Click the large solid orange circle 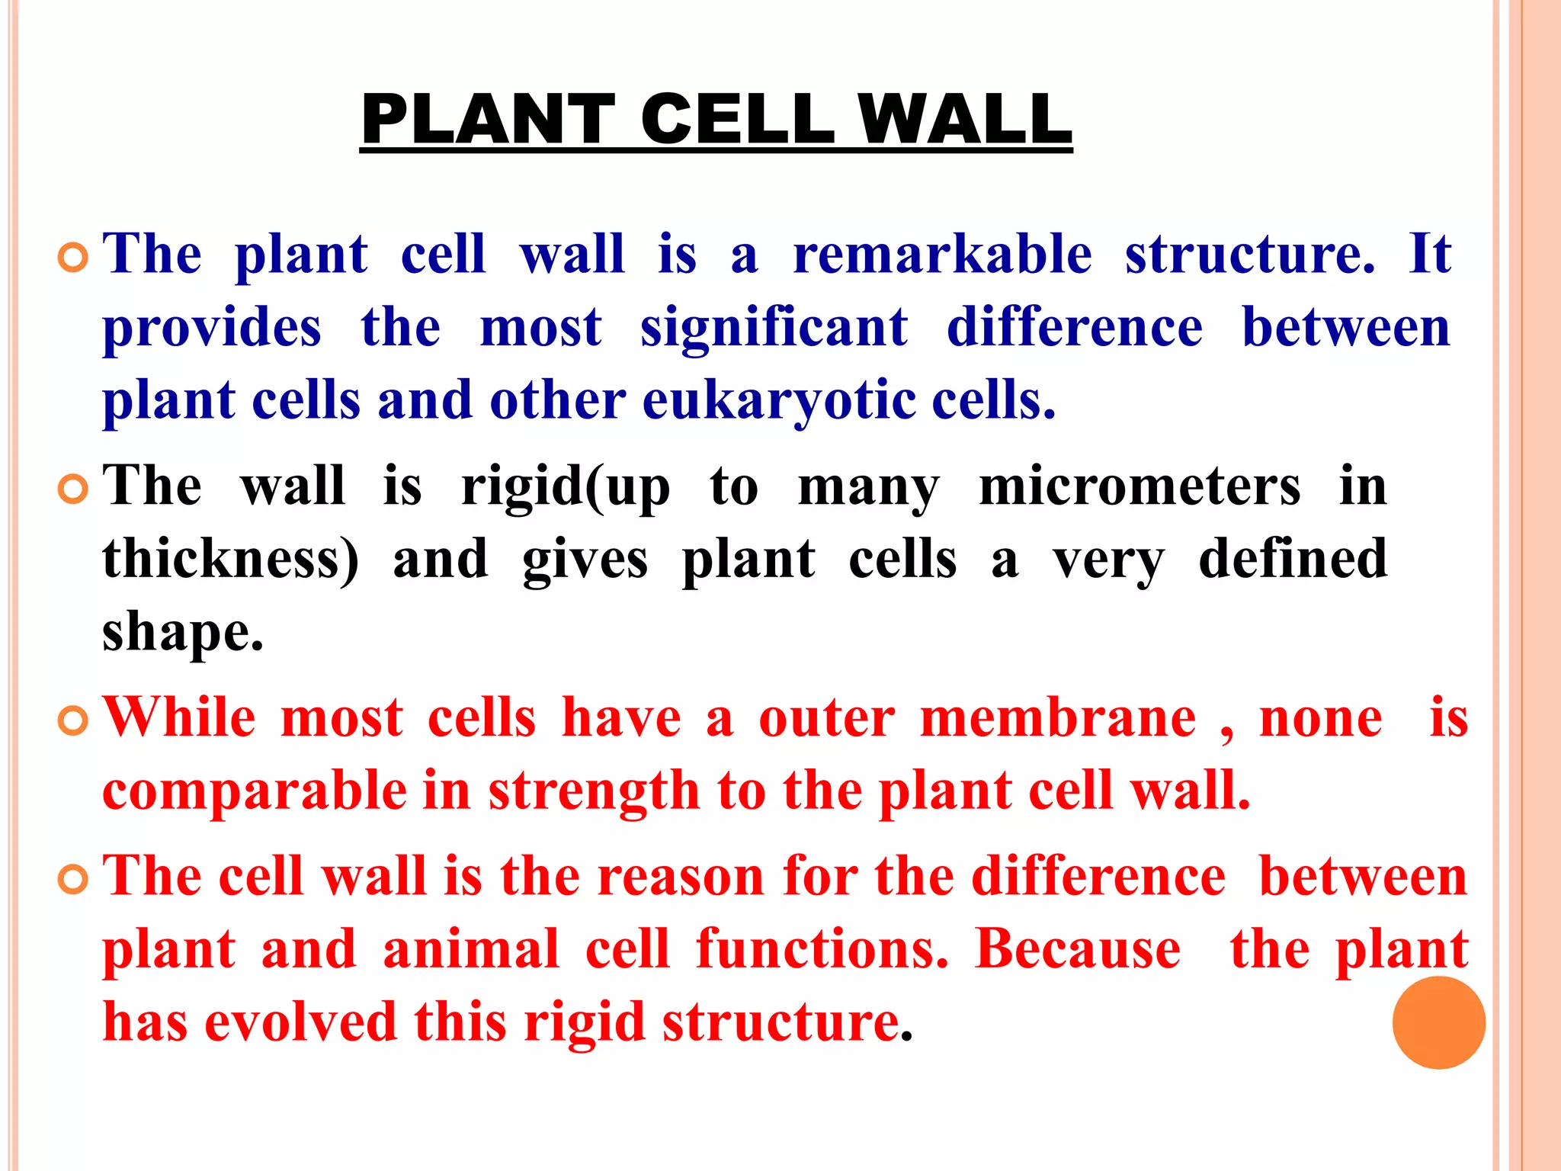click(x=1438, y=1022)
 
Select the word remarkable click(x=942, y=255)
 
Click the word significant click(x=774, y=328)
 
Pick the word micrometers click(x=1139, y=486)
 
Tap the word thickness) click(x=230, y=560)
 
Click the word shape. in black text click(x=183, y=634)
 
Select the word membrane click(x=1058, y=718)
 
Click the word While click(x=179, y=718)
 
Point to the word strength click(x=594, y=791)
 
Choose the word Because click(x=1078, y=950)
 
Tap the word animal click(x=470, y=950)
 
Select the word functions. click(x=822, y=950)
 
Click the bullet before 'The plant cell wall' click(x=73, y=259)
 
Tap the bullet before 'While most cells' click(x=73, y=721)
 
